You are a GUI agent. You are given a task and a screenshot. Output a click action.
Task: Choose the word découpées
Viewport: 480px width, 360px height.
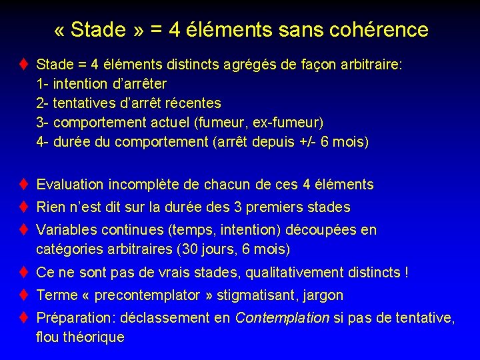click(x=321, y=230)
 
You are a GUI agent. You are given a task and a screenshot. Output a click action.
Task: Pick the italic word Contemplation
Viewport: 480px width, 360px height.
click(x=282, y=318)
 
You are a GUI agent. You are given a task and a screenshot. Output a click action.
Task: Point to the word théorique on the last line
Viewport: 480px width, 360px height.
click(x=93, y=337)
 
